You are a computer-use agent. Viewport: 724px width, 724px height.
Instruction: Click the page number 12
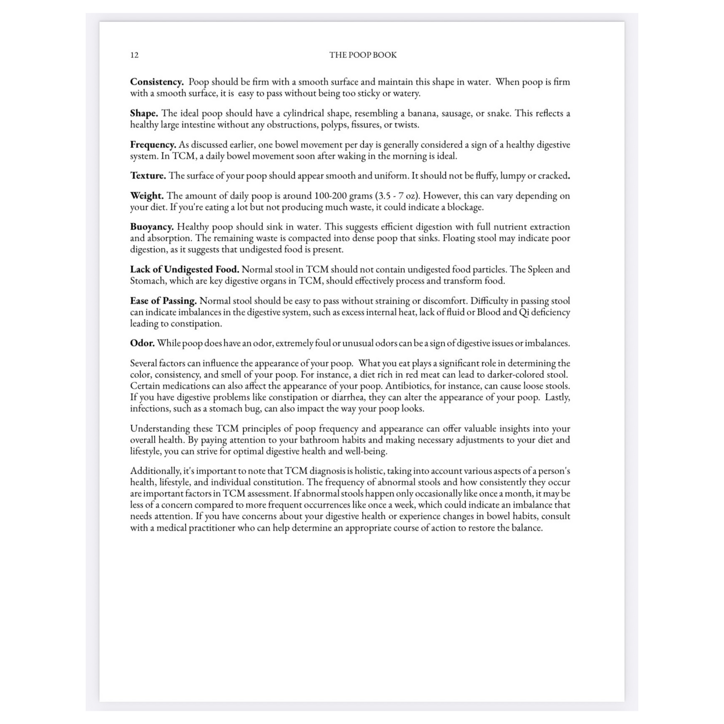(x=134, y=55)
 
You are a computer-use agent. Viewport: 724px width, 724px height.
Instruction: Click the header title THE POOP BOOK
(x=363, y=55)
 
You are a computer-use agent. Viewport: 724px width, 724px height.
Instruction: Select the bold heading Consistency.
(x=157, y=82)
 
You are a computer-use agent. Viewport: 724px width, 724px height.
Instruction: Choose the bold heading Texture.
(x=148, y=176)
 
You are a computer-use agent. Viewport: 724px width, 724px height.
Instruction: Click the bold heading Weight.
(x=147, y=196)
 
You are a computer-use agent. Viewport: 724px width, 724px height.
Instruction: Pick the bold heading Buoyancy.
(x=152, y=227)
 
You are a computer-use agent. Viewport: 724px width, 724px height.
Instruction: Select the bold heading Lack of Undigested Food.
(x=185, y=269)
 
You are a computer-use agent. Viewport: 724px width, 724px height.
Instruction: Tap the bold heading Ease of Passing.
(x=163, y=301)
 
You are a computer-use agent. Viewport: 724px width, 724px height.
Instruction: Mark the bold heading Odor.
(x=142, y=343)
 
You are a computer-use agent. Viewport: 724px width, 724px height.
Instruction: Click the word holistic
(x=369, y=471)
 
